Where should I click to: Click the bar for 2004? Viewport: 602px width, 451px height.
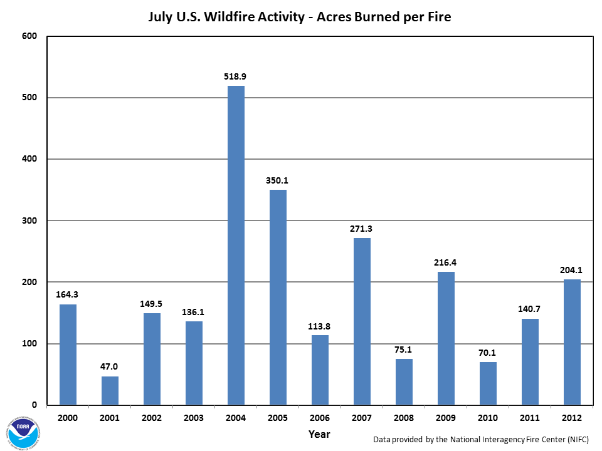pyautogui.click(x=236, y=245)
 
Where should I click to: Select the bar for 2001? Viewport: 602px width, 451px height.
pyautogui.click(x=110, y=390)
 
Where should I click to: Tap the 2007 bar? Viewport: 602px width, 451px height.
pyautogui.click(x=362, y=321)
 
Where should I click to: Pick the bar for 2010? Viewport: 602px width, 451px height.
pyautogui.click(x=488, y=383)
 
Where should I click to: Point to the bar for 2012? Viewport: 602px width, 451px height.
pyautogui.click(x=572, y=342)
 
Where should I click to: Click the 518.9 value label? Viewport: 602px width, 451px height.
pyautogui.click(x=236, y=76)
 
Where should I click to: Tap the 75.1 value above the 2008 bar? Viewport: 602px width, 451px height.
pyautogui.click(x=404, y=350)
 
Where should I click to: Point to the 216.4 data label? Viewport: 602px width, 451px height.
pyautogui.click(x=446, y=262)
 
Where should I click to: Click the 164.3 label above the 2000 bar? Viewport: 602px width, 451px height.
pyautogui.click(x=68, y=294)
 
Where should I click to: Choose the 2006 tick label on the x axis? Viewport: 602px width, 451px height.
pyautogui.click(x=320, y=418)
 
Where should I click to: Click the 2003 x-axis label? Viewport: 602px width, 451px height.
pyautogui.click(x=194, y=418)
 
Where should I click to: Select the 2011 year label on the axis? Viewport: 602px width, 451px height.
pyautogui.click(x=530, y=418)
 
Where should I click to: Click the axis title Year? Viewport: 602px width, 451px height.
pyautogui.click(x=319, y=433)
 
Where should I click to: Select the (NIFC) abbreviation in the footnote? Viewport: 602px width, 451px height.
pyautogui.click(x=577, y=439)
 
